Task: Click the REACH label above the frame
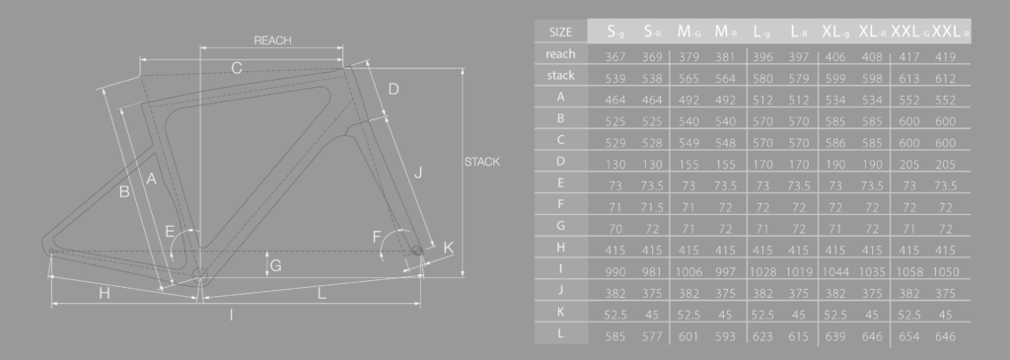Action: coord(272,40)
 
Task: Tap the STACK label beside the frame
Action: coord(481,162)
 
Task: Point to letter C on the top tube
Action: coord(237,68)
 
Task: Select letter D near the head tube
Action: coord(393,89)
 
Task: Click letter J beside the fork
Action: coord(418,172)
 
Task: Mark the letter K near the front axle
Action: coord(449,248)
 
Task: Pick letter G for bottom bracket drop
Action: coord(276,265)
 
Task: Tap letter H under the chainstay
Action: coord(105,294)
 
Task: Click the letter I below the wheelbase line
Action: coord(231,315)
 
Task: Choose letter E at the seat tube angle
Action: coord(170,232)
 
